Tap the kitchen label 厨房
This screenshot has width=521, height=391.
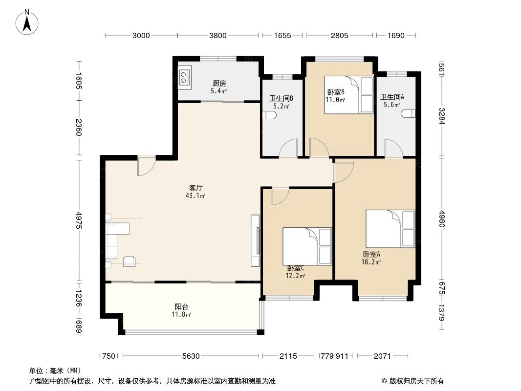tap(218, 84)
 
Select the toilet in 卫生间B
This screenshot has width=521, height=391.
tap(270, 115)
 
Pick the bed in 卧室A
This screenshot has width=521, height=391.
tap(390, 229)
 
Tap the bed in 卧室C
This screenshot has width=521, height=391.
tap(307, 245)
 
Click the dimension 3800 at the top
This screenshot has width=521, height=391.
tap(218, 35)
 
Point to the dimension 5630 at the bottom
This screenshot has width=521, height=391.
tap(192, 356)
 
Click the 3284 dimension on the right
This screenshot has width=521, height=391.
tap(441, 115)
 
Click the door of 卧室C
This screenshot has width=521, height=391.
tap(280, 195)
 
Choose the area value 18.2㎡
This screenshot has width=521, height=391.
tap(371, 262)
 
